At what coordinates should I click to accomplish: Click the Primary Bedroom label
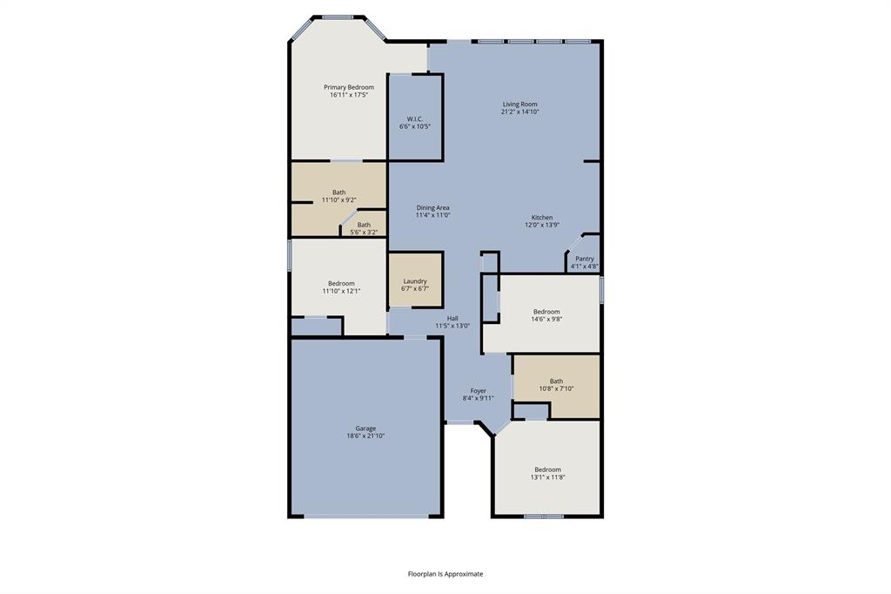348,87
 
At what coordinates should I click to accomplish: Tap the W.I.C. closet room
415,122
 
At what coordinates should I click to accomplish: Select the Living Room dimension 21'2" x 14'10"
519,111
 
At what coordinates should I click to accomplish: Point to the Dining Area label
432,208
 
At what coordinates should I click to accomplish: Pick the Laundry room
415,281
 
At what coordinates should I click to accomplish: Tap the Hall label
452,319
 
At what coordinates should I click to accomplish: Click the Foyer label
479,391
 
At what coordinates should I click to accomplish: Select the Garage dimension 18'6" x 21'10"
365,435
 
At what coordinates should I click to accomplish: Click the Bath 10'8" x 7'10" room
556,384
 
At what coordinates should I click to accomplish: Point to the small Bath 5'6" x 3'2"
364,228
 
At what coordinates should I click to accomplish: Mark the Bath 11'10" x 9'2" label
338,192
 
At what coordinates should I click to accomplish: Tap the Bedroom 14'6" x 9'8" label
546,312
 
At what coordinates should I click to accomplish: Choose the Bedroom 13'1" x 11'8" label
548,469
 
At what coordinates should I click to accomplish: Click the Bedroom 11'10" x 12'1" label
341,283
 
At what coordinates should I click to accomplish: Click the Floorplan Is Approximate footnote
445,574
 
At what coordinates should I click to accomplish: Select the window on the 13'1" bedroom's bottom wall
544,516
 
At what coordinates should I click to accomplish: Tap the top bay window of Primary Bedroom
338,17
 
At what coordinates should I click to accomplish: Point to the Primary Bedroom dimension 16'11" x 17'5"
348,95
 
